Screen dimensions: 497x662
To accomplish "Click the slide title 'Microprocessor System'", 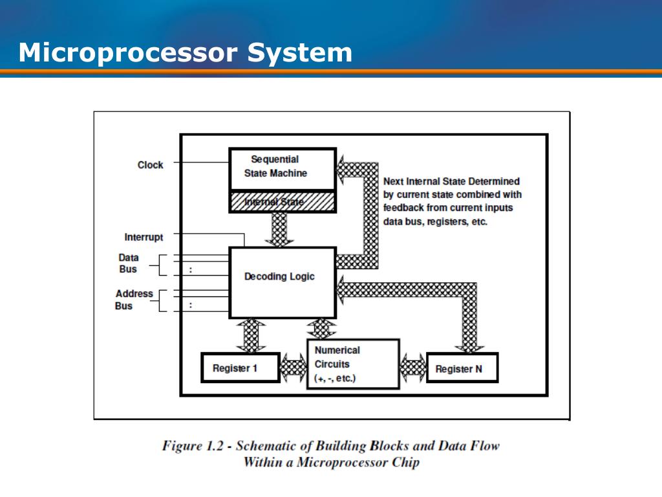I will (x=186, y=52).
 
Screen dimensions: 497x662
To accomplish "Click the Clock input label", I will (x=150, y=165).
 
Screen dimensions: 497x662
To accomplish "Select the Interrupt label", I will (x=144, y=237).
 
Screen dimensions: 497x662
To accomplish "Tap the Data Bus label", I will (x=128, y=263).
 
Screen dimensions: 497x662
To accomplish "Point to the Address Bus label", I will (x=134, y=300).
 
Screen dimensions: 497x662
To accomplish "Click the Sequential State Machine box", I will (x=283, y=167).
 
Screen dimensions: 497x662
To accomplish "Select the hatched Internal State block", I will (x=283, y=202).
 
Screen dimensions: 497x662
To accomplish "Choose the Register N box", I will (x=462, y=369).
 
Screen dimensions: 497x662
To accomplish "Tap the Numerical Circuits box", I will (x=353, y=364).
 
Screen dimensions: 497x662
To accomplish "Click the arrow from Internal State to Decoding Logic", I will (x=279, y=229).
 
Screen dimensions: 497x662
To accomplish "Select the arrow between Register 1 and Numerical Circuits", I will (x=294, y=369).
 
